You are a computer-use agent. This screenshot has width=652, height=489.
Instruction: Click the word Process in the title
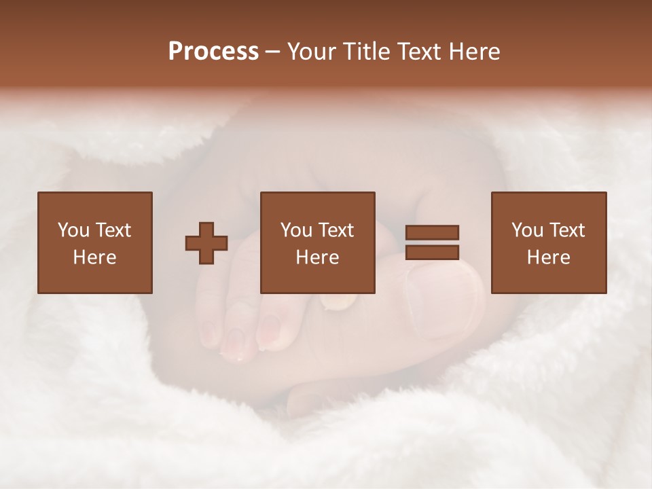(x=213, y=52)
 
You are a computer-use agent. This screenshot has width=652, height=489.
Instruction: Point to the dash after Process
(x=273, y=52)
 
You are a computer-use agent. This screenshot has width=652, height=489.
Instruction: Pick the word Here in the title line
(x=477, y=52)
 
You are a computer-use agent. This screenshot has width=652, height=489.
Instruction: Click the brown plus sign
(x=206, y=243)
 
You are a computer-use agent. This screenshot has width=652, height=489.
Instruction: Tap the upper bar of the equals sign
(x=432, y=232)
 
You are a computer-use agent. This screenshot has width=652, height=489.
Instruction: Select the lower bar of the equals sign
(x=432, y=252)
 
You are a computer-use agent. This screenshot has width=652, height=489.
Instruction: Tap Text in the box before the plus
(x=112, y=230)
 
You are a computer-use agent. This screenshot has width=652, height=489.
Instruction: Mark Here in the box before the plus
(x=95, y=257)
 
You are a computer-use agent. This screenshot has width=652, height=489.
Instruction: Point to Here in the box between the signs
(x=318, y=257)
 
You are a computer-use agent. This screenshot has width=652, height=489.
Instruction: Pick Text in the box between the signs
(x=336, y=230)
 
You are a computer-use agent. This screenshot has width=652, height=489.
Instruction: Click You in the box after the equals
(x=527, y=230)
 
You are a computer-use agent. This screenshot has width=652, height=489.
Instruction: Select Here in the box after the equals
(x=549, y=257)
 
